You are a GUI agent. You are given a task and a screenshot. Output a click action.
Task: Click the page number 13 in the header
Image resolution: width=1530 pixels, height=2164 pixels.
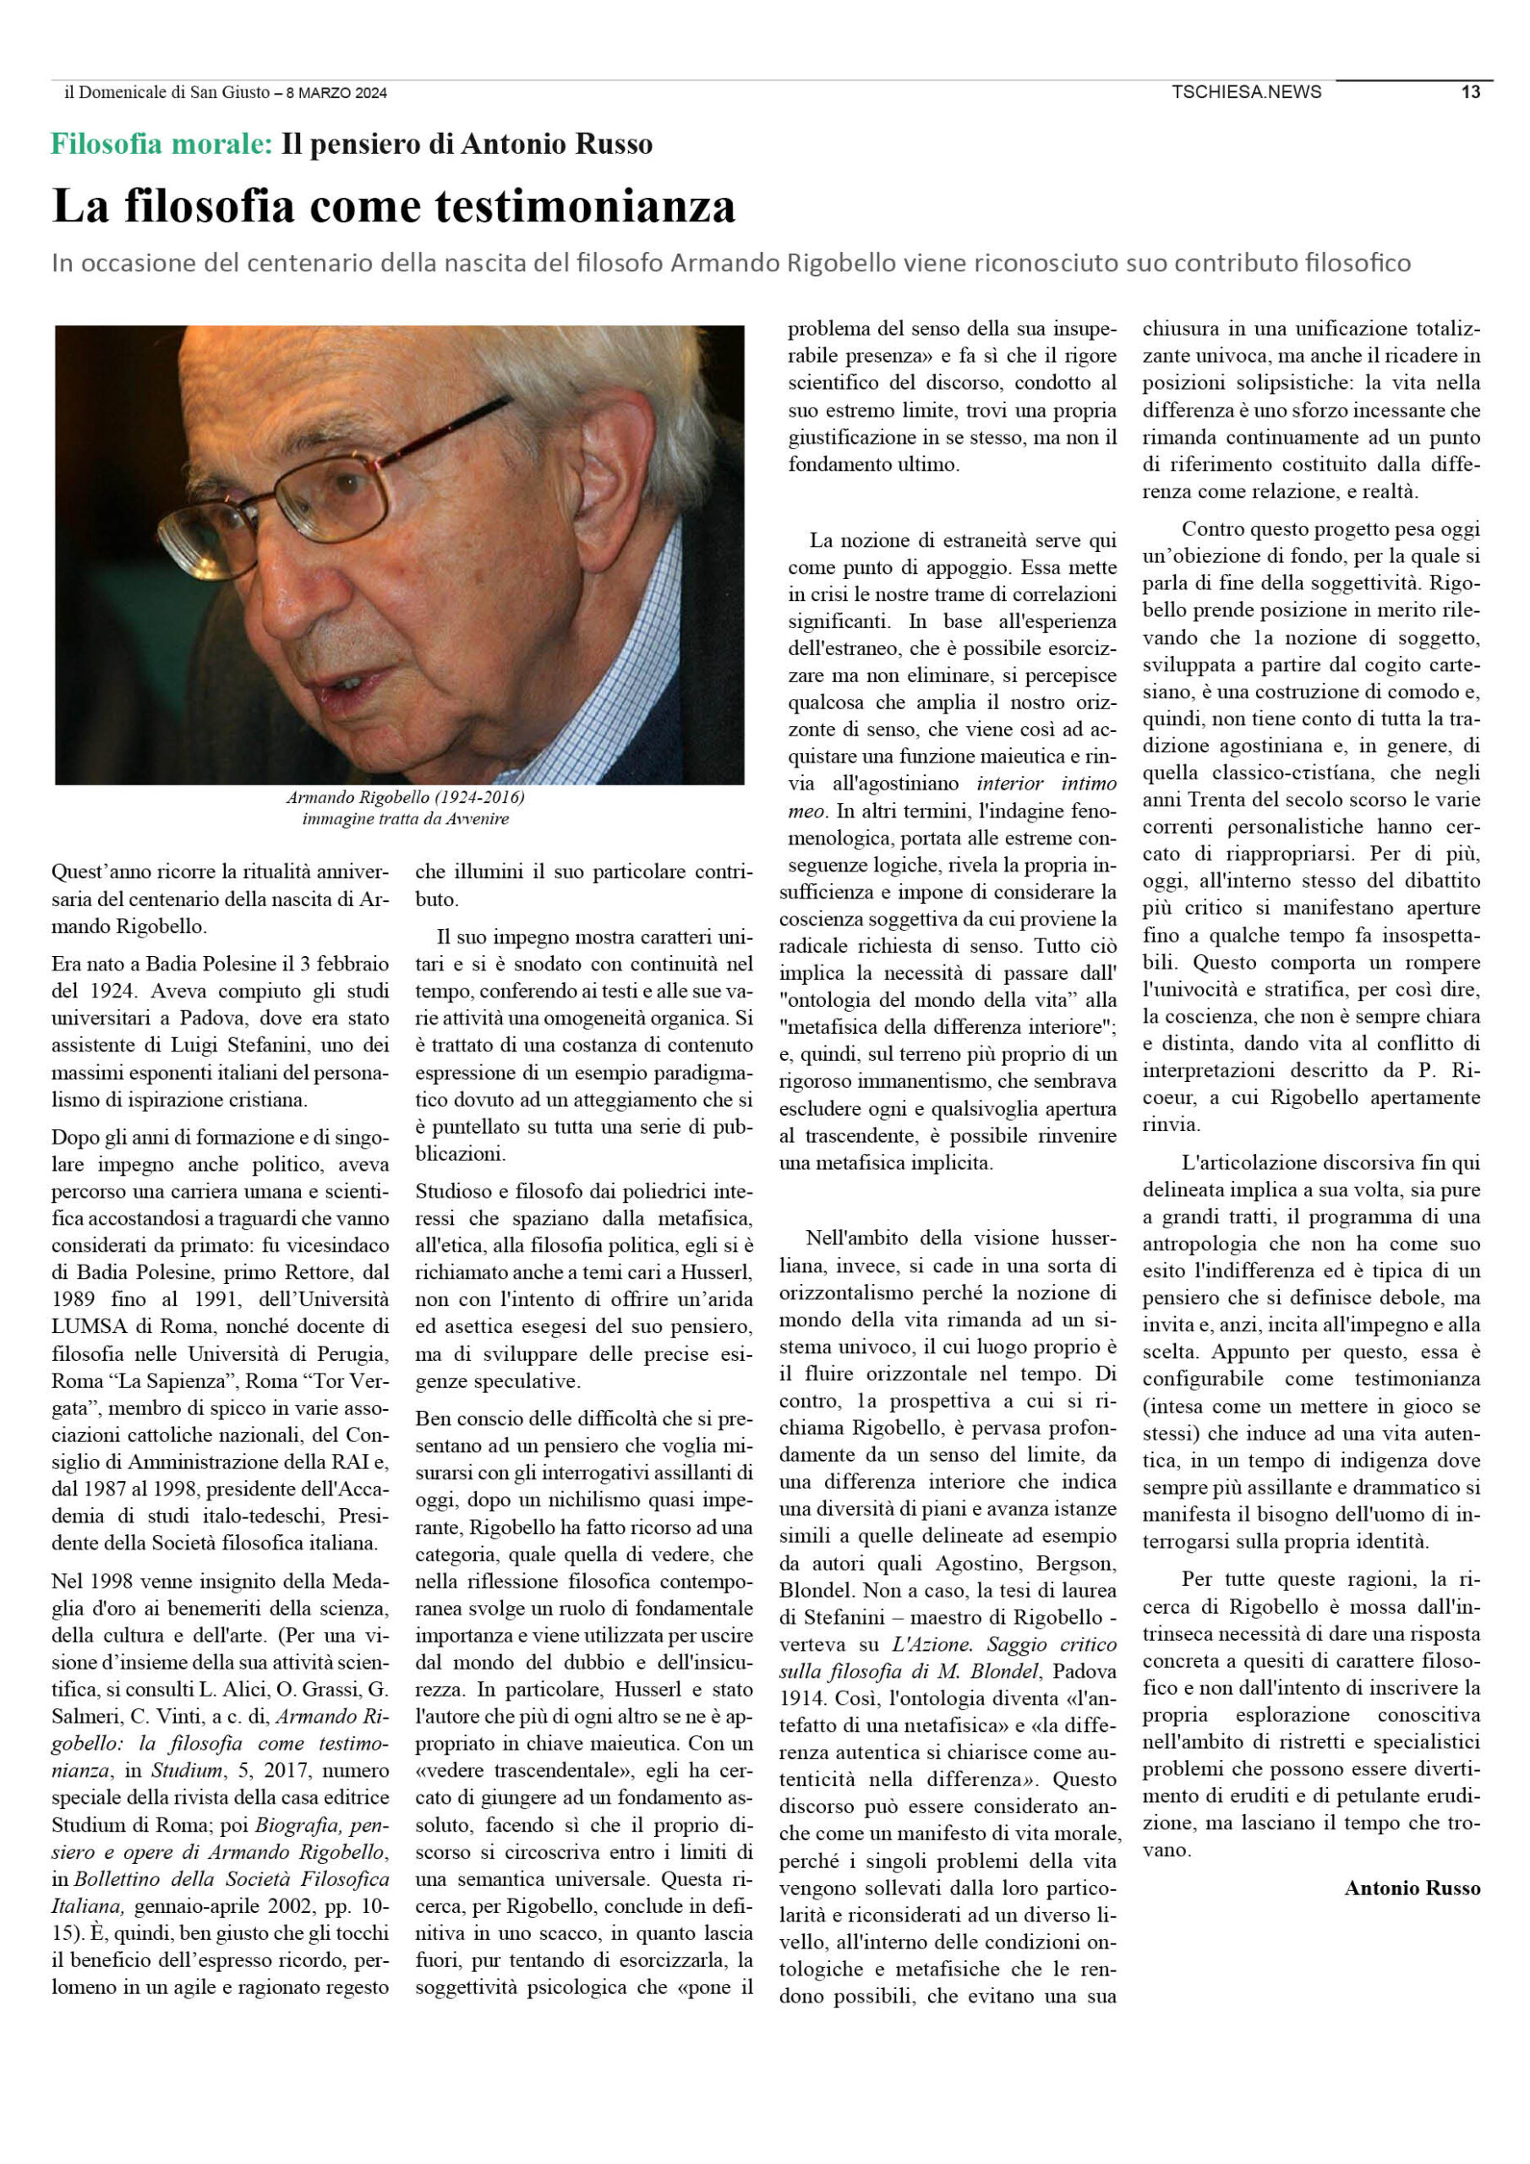[x=1470, y=92]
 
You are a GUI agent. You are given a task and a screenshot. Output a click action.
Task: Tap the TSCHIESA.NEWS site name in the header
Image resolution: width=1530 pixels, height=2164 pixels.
[x=1245, y=92]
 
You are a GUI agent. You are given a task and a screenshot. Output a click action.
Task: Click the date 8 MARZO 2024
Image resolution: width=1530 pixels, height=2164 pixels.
[x=336, y=93]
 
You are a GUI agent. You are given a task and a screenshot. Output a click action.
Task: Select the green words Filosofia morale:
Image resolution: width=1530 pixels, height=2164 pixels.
[x=161, y=145]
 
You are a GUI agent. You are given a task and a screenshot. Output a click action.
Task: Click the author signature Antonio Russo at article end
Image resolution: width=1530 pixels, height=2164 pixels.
[x=1411, y=1888]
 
